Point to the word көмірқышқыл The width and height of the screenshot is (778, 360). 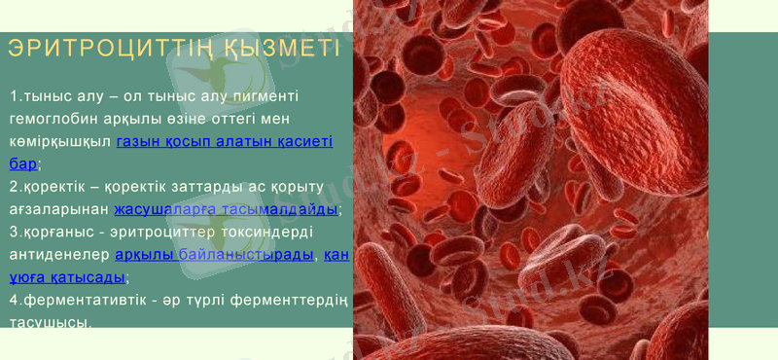[x=60, y=142]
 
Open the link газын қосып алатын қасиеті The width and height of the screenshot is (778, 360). [x=225, y=142]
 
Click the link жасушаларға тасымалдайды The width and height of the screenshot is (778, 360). [x=227, y=209]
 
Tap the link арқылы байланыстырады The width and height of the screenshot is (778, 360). [x=215, y=255]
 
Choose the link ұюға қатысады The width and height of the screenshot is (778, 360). [x=67, y=277]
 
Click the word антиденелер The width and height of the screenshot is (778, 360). [x=59, y=255]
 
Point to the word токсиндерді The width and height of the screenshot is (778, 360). [x=283, y=233]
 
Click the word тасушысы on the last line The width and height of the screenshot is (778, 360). [x=50, y=322]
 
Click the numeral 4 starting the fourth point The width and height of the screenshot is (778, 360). [x=14, y=300]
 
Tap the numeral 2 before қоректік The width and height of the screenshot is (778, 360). [x=14, y=187]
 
